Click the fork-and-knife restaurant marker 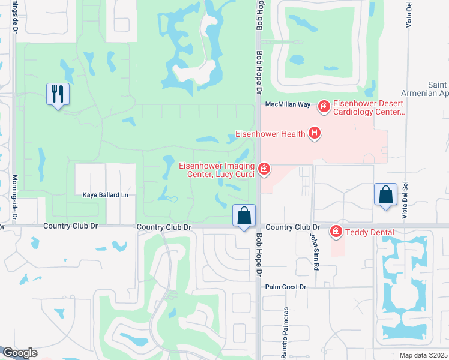[x=58, y=94]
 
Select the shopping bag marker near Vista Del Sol [x=385, y=195]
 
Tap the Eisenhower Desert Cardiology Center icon [x=324, y=107]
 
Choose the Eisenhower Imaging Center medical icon [x=264, y=170]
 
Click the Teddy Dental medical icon [x=336, y=232]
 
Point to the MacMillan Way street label [x=288, y=104]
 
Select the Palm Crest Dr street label [x=286, y=287]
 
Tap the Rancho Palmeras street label [x=285, y=333]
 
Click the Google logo [x=20, y=353]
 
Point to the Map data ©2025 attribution [x=423, y=355]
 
